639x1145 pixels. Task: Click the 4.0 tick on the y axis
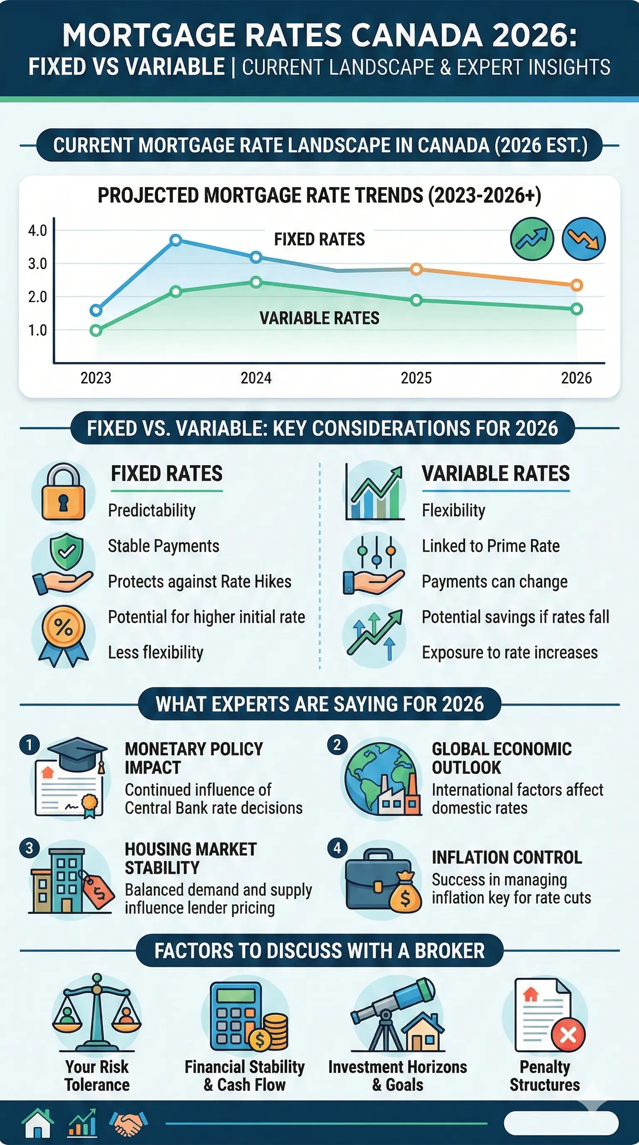[x=37, y=230]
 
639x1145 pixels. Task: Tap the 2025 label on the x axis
[x=416, y=378]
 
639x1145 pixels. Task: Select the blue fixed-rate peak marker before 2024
[x=176, y=240]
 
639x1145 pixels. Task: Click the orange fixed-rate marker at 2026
[x=576, y=285]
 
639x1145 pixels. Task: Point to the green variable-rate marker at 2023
[x=96, y=330]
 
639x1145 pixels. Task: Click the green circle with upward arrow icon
[x=532, y=239]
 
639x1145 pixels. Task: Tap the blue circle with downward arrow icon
[x=583, y=239]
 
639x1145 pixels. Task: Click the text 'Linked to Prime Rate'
[x=490, y=546]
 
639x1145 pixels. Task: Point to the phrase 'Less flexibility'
[x=156, y=652]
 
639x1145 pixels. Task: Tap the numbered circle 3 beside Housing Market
[x=29, y=848]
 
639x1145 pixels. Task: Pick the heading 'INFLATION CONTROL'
[x=507, y=858]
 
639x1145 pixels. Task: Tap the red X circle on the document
[x=568, y=1035]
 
